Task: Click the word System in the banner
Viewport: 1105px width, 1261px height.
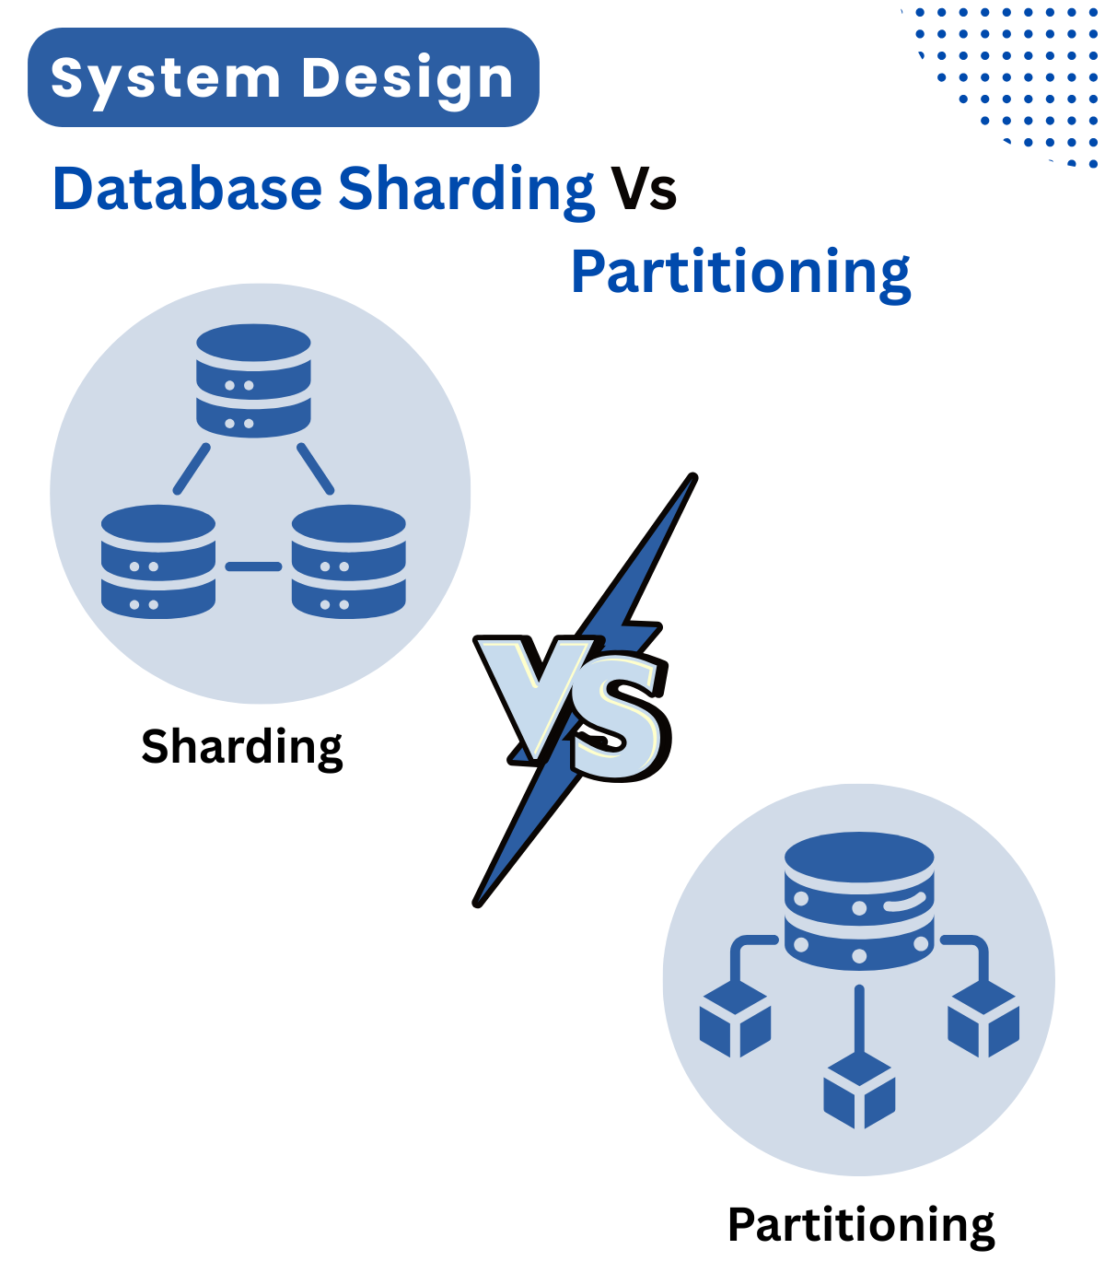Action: pos(166,79)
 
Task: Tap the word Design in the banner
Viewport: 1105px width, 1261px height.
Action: pos(407,79)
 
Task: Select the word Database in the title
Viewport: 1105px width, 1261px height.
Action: pos(187,189)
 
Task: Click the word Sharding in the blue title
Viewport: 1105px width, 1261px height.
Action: pos(466,189)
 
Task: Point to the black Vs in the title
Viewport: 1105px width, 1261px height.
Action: pos(645,189)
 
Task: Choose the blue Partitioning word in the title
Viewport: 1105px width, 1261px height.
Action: pos(740,272)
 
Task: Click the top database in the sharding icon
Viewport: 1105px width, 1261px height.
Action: pos(253,379)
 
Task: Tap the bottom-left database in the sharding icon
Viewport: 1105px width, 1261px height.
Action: pos(158,561)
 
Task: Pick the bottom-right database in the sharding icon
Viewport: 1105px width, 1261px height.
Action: pos(348,561)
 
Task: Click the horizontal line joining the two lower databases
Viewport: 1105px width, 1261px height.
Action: pos(253,566)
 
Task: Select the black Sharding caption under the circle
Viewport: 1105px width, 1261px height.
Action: pos(242,746)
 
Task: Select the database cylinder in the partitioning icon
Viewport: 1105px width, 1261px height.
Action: pos(859,901)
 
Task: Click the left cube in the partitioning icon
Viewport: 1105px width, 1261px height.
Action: pos(735,1021)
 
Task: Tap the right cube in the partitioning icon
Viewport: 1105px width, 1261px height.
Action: pos(983,1021)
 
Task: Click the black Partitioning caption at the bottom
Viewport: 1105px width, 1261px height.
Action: pos(861,1225)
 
